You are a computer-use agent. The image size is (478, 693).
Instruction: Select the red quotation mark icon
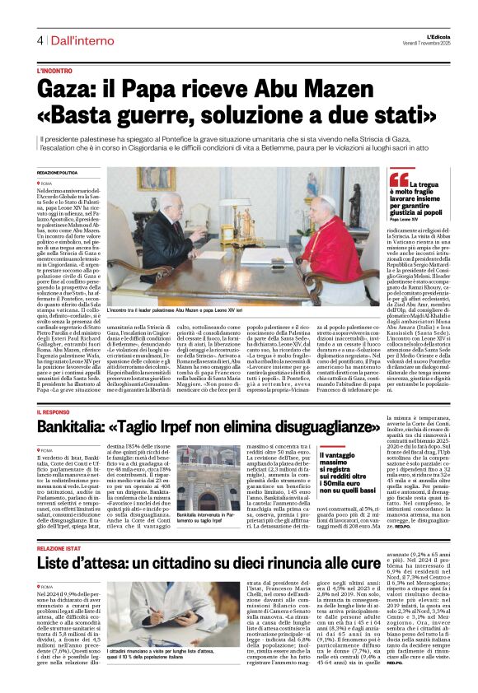(x=398, y=179)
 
